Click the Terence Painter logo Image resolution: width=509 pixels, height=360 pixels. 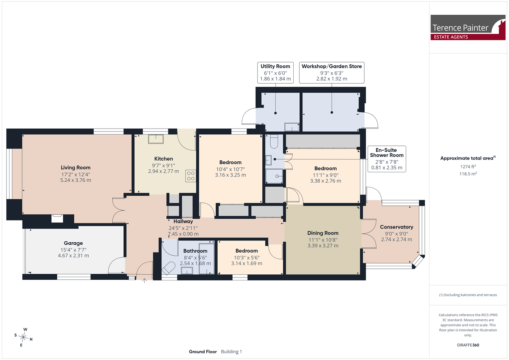point(468,28)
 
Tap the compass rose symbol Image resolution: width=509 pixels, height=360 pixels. point(23,337)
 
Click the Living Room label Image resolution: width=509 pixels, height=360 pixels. point(76,168)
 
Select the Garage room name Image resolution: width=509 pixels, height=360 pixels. point(73,243)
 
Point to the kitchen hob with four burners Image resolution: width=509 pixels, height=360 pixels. point(191,176)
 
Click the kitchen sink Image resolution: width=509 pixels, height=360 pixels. point(156,139)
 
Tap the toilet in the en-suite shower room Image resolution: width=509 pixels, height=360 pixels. point(274,141)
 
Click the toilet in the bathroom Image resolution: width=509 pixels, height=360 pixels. point(168,268)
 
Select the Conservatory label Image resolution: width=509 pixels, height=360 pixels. point(397,227)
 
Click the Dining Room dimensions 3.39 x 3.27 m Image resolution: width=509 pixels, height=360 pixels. point(323,245)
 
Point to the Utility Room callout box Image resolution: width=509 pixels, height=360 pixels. point(275,73)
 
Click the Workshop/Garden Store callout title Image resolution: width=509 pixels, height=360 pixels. point(332,66)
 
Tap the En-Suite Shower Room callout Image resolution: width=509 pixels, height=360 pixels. point(387,159)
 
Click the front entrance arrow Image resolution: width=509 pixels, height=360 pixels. point(144,281)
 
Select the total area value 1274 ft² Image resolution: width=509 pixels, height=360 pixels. point(468,167)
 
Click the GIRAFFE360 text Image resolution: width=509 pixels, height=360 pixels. point(468,345)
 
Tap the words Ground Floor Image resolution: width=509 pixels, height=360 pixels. point(203,352)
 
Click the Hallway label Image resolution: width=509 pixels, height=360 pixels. point(183,221)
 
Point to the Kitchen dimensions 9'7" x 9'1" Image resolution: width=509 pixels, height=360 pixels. point(164,165)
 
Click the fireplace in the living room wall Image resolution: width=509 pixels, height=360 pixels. point(57,219)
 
